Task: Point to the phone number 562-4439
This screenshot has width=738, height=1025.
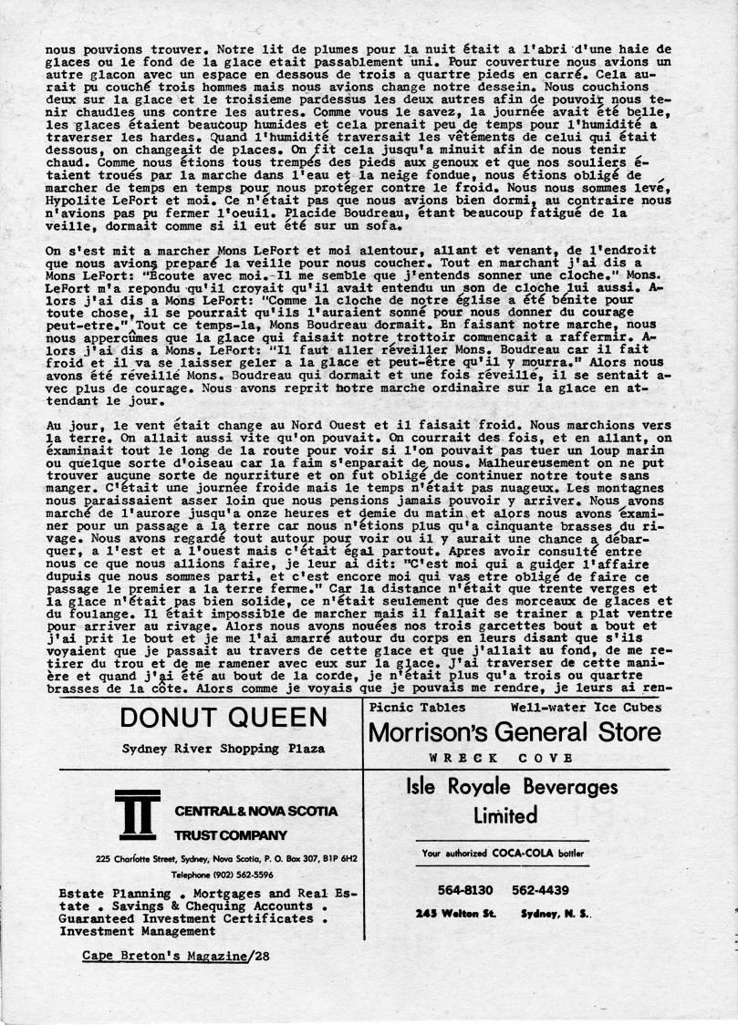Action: [x=542, y=889]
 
